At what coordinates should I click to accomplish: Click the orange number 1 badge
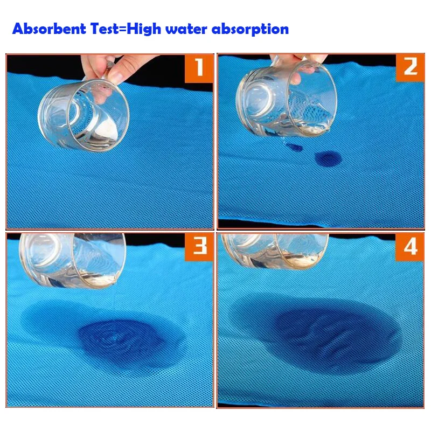coord(199,68)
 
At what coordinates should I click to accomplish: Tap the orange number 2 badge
coord(410,67)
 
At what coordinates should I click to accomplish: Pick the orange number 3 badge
coord(199,247)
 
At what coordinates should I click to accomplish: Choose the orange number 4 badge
coord(410,247)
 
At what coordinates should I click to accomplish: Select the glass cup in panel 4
coord(275,249)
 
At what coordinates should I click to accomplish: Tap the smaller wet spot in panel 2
coord(294,147)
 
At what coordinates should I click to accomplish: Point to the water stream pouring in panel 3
coord(114,307)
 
